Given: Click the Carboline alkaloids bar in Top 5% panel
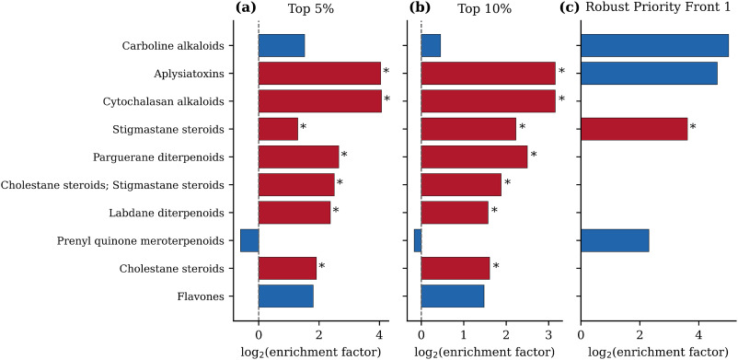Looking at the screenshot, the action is [x=282, y=46].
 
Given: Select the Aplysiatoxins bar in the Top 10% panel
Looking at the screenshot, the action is [x=488, y=74].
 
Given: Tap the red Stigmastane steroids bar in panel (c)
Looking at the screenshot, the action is [x=634, y=129].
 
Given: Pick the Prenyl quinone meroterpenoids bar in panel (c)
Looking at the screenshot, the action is [x=616, y=241].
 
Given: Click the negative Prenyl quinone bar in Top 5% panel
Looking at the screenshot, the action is [x=249, y=241].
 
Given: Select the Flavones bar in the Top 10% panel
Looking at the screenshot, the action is [x=453, y=296].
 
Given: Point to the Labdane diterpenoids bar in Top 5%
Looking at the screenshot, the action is [x=294, y=213].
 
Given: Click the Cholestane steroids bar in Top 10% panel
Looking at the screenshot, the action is [x=455, y=269].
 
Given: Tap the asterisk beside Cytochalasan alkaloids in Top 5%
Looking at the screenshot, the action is [x=387, y=99].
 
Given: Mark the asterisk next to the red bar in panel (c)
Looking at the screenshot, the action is [x=693, y=127].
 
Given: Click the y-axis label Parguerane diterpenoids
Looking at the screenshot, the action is [x=158, y=157].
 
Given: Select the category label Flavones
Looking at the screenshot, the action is [x=201, y=296].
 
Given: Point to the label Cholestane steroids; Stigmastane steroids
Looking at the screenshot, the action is [x=112, y=185].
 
